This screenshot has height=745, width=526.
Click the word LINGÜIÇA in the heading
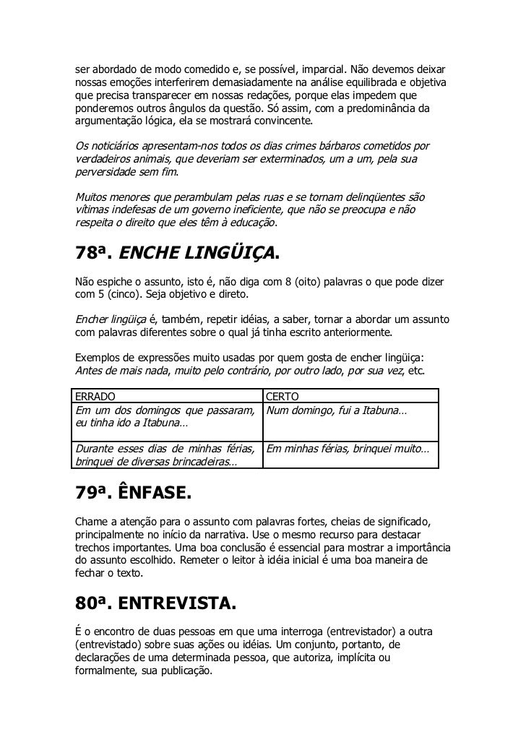pyautogui.click(x=229, y=255)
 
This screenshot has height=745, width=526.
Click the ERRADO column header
pyautogui.click(x=94, y=395)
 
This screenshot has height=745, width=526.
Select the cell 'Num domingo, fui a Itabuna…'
pyautogui.click(x=337, y=410)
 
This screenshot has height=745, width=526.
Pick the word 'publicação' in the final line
pyautogui.click(x=185, y=670)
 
